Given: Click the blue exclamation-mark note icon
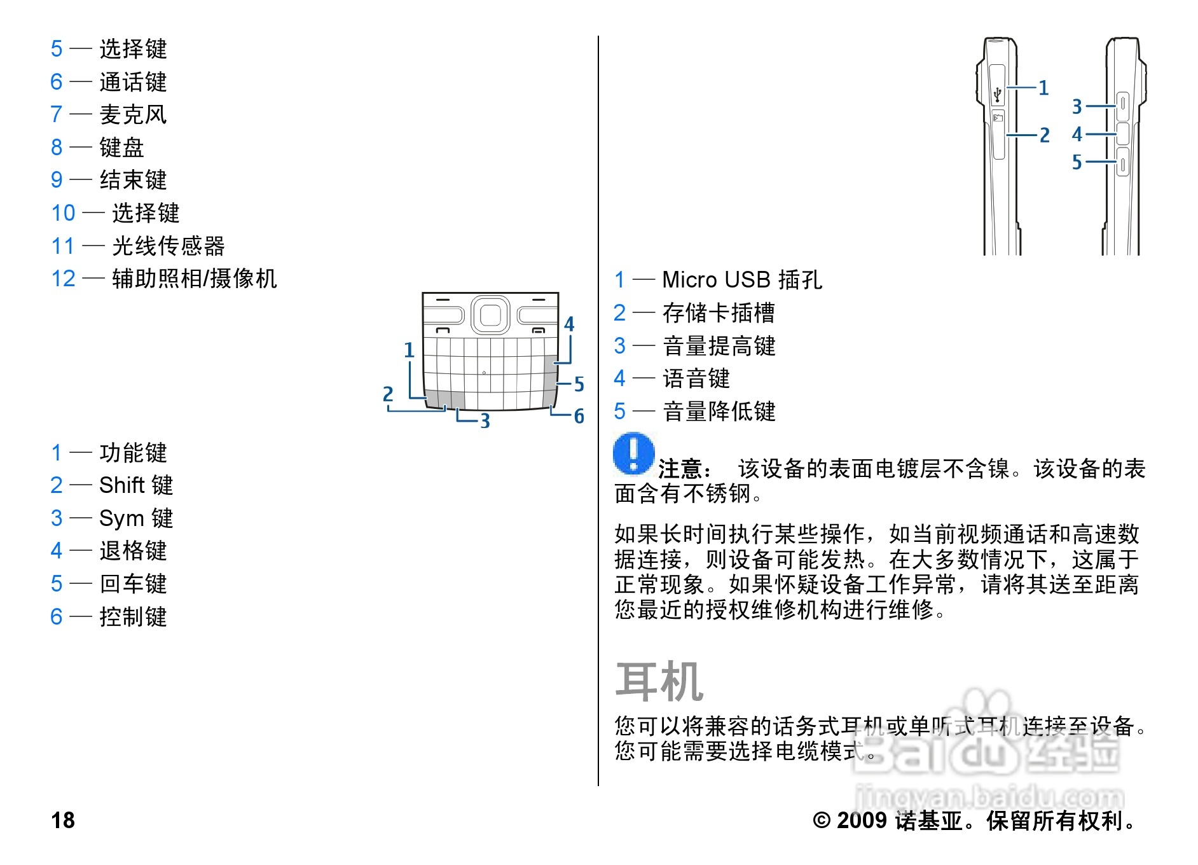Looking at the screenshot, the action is (634, 453).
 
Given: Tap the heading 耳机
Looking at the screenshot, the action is (659, 681).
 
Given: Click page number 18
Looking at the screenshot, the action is (63, 820).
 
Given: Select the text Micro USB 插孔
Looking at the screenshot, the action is (742, 280).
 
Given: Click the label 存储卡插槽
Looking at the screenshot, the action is (719, 313).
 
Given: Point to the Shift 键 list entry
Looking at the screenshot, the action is (136, 485).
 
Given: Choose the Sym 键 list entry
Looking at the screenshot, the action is (136, 518).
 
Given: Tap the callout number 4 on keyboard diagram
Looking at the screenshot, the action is (569, 324).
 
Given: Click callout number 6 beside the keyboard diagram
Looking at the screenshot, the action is (579, 417).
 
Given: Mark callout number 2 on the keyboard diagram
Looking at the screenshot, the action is (388, 394).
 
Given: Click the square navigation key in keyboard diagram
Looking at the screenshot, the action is (490, 314).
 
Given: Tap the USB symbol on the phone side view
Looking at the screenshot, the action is (998, 94).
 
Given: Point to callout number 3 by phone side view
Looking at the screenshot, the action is (1077, 106).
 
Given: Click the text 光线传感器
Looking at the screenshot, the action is (169, 246).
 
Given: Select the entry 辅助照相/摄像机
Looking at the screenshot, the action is (195, 279).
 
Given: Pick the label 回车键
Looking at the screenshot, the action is (133, 584).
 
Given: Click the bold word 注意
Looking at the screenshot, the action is (680, 469).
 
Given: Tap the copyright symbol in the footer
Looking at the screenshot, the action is (822, 820).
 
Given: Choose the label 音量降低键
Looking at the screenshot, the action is (719, 412).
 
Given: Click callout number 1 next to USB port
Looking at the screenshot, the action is (1043, 88).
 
